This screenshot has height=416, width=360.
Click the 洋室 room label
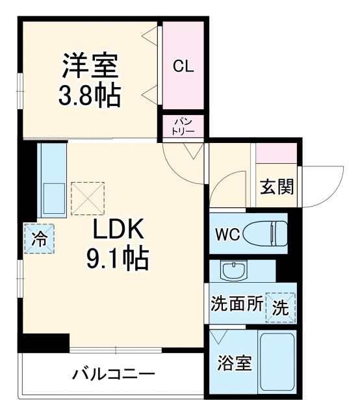[90, 66]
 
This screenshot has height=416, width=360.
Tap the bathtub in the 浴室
[277, 363]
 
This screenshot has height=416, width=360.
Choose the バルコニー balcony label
[113, 375]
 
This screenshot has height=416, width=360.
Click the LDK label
[116, 231]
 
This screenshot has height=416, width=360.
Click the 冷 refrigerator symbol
[40, 238]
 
